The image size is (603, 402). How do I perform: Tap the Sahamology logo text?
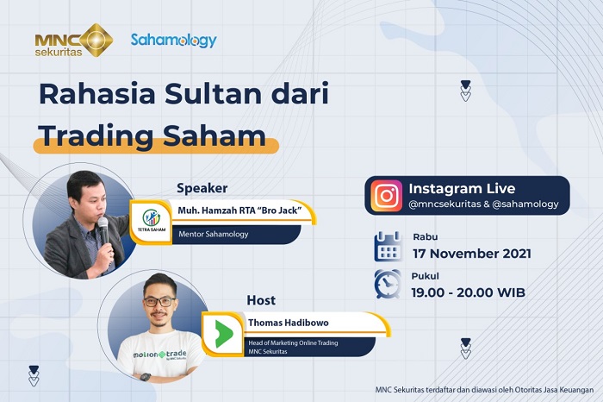point(173,40)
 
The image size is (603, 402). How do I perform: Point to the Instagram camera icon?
point(387,196)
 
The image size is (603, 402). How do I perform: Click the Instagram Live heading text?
point(462,189)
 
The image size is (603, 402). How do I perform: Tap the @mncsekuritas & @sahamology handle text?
point(483,204)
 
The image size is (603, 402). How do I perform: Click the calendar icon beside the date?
point(388,246)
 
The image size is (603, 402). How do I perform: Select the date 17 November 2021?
point(471,254)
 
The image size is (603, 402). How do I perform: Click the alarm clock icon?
point(388,284)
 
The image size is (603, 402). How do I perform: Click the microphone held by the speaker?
point(103,230)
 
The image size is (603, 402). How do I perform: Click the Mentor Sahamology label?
point(214,233)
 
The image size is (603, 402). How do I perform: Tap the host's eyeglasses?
point(160,300)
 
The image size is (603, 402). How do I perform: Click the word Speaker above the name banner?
point(202,188)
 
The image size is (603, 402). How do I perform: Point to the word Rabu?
point(425,238)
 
